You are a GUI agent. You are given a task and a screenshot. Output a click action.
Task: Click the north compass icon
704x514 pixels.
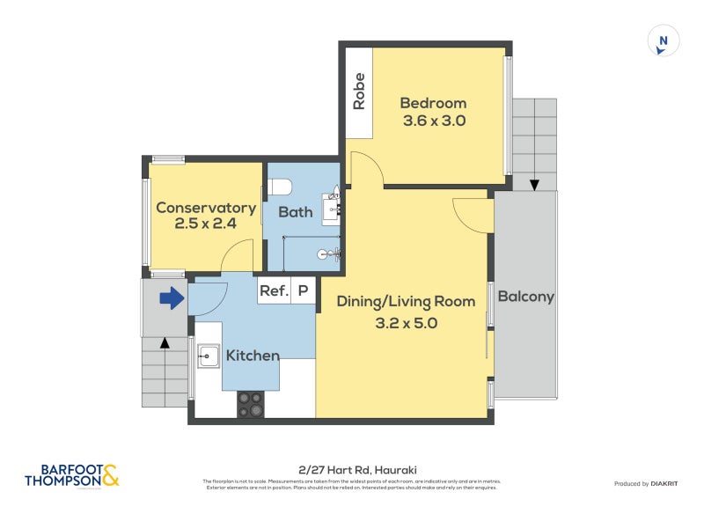coord(664,41)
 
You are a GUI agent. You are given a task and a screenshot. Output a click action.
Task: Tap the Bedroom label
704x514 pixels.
coord(433,102)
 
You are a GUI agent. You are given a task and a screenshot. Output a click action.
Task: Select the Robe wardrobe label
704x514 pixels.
coord(359,92)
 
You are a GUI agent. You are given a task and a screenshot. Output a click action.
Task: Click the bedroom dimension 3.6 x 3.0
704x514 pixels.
coord(433,121)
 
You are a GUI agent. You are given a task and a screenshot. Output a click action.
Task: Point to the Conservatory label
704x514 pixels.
coord(206,208)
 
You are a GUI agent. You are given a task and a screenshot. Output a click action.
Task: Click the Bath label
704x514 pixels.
coord(296,212)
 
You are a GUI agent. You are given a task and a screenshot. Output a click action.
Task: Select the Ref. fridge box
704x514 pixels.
coord(274,290)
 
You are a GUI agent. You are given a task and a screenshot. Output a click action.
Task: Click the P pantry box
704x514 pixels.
coord(303,290)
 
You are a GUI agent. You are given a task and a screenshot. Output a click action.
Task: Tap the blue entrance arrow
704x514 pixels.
coord(171,299)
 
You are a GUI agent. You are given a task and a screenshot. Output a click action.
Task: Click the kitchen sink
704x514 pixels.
coord(209,356)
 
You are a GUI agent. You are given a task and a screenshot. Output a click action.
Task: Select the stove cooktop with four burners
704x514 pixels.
coord(250,404)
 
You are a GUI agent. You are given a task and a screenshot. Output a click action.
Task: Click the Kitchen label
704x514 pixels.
coord(253,356)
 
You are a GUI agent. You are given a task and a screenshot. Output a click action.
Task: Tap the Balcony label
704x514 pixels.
coord(525,297)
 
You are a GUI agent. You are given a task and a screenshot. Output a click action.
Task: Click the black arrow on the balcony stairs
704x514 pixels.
coord(533,185)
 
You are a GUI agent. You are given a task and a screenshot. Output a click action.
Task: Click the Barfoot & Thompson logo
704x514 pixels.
coord(72,476)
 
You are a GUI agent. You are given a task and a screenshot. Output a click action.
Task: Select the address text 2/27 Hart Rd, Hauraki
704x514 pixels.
coord(352,471)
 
